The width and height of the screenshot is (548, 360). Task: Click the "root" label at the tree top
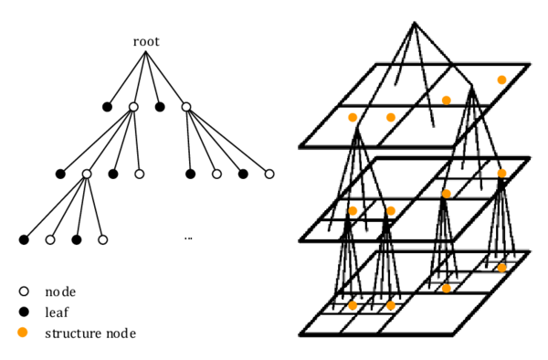pos(146,41)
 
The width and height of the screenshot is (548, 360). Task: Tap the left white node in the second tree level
pos(133,107)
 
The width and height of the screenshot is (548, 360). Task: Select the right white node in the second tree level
pos(186,107)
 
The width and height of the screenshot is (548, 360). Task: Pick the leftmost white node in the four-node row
pos(87,174)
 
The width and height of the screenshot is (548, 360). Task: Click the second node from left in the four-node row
pos(140,174)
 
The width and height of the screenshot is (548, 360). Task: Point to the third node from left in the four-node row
pos(217,174)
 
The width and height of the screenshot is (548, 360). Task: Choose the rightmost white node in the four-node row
pos(269,174)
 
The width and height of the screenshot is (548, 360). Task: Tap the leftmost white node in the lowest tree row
pos(50,239)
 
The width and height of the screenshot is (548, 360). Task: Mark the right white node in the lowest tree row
pos(103,239)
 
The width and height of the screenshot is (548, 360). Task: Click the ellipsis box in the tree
pos(188,235)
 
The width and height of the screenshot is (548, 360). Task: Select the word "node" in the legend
pos(60,292)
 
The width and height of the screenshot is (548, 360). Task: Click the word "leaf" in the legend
pos(57,312)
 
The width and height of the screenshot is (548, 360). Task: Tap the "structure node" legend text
pos(90,334)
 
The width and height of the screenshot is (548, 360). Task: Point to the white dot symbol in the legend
pos(23,291)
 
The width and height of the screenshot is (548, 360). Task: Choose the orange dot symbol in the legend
pos(23,332)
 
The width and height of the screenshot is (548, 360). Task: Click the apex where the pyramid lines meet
pos(414,23)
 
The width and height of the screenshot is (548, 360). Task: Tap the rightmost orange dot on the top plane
pos(501,79)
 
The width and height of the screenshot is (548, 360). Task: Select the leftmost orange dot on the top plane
pos(353,117)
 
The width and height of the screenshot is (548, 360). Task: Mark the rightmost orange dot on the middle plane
pos(501,173)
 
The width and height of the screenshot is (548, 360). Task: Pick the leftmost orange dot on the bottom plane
pos(353,304)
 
